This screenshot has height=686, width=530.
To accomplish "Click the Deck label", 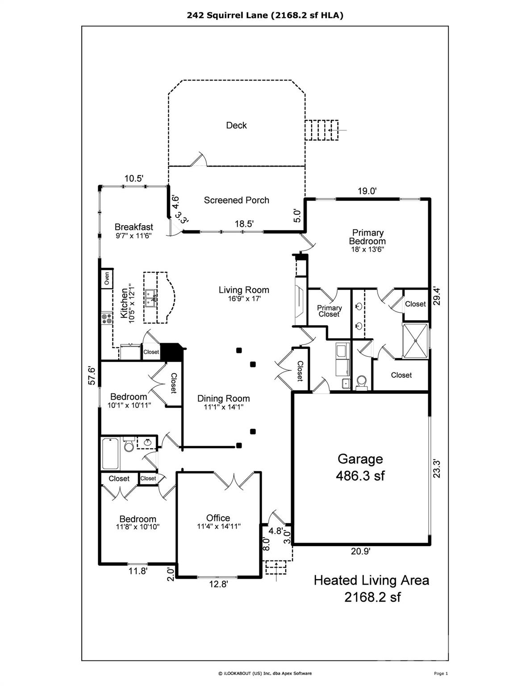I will pyautogui.click(x=236, y=125).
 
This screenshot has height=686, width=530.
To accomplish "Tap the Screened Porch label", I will pyautogui.click(x=236, y=200).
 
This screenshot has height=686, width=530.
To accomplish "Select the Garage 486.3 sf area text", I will pyautogui.click(x=360, y=467).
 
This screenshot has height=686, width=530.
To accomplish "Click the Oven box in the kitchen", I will pyautogui.click(x=107, y=279).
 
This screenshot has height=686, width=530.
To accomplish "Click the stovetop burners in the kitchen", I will pyautogui.click(x=107, y=318).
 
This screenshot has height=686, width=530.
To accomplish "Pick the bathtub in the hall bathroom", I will pyautogui.click(x=111, y=453).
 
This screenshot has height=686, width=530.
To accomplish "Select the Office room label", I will pyautogui.click(x=218, y=518).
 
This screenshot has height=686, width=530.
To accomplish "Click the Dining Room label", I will pyautogui.click(x=224, y=399).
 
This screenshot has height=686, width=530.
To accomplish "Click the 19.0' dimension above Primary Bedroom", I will pyautogui.click(x=367, y=191).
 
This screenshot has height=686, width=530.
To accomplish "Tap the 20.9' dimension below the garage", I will pyautogui.click(x=360, y=551).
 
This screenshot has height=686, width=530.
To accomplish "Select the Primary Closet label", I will pyautogui.click(x=329, y=311).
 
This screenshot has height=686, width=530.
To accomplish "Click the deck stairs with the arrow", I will pyautogui.click(x=322, y=130).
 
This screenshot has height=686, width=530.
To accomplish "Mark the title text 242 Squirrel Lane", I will pyautogui.click(x=265, y=15).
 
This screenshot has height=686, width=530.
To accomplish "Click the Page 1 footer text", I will pyautogui.click(x=440, y=673).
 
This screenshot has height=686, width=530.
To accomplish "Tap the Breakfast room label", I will pyautogui.click(x=134, y=227).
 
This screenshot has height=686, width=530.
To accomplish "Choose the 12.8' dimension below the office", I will pyautogui.click(x=218, y=585).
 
